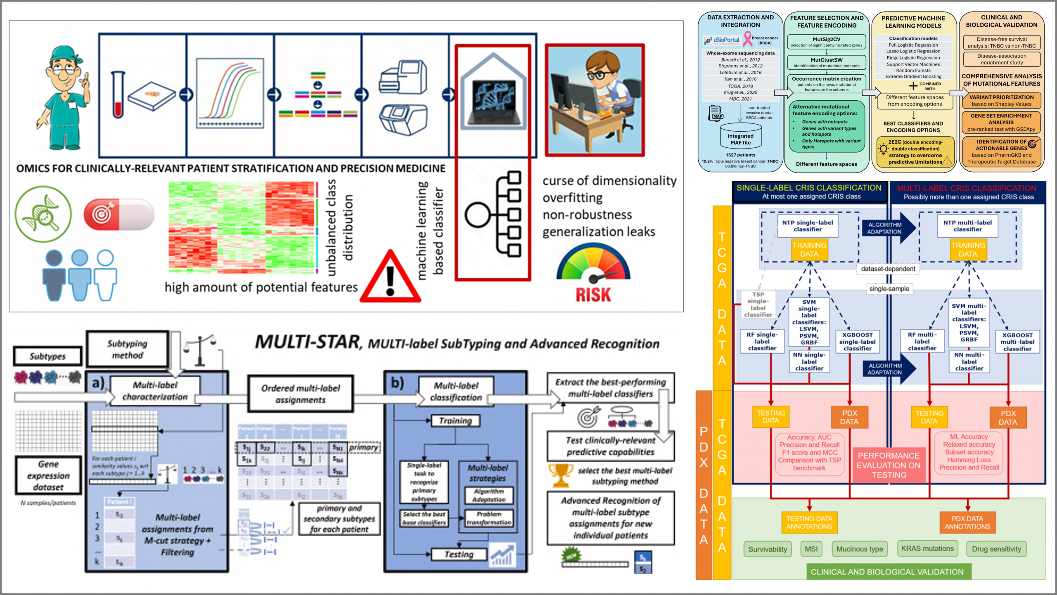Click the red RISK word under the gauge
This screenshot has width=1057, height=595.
point(593,295)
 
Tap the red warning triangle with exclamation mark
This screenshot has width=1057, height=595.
point(390,279)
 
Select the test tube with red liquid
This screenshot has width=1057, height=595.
point(118,95)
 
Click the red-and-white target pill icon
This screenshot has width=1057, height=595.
point(118,214)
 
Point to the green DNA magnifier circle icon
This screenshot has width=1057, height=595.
point(43,214)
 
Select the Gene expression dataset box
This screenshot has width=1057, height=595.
point(48,475)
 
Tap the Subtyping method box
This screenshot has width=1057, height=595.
point(128,349)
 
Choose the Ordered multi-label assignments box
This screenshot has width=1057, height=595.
point(301,394)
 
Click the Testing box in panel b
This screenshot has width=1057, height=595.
point(459,554)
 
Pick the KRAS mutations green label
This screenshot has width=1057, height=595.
point(927,548)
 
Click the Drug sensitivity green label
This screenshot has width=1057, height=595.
point(996,549)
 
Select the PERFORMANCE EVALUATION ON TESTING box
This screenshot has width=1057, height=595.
point(889,465)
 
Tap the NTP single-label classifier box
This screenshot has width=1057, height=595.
point(808,226)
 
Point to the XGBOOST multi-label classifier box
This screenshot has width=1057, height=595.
point(1017,342)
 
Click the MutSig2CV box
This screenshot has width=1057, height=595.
point(826,42)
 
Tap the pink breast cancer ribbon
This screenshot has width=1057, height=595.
point(747,39)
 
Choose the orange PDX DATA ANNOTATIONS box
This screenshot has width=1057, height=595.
point(967,522)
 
